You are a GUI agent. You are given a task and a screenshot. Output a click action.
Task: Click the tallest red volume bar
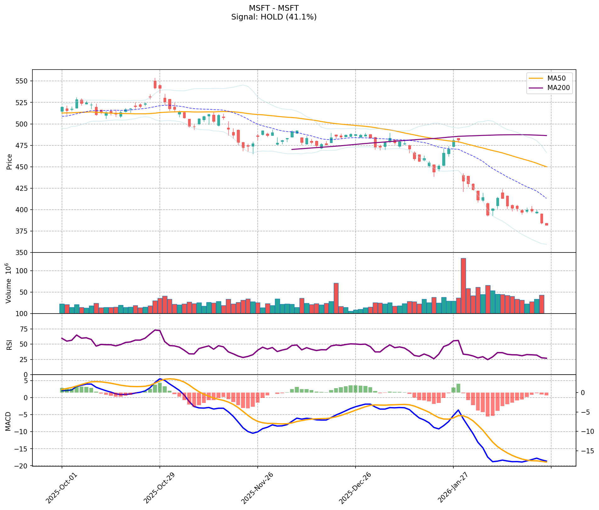point(463,286)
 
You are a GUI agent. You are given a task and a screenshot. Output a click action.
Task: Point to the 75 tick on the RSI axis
point(24,329)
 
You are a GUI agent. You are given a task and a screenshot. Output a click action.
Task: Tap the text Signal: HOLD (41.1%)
point(274,17)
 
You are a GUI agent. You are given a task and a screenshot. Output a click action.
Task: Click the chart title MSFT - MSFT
point(274,8)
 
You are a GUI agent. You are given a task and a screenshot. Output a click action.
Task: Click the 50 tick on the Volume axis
point(24,292)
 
